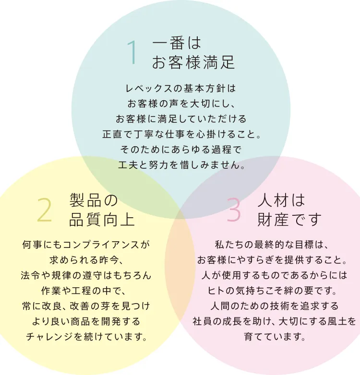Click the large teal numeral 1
coord(132,53)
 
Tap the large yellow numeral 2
coord(45,211)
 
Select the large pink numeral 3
coord(234,210)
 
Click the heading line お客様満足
coord(193,62)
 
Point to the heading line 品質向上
coord(102,219)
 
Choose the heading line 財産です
coord(289,219)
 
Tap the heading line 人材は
coord(281,200)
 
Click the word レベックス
coord(148,89)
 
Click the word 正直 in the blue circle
coord(112,134)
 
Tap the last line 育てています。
coord(275,337)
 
